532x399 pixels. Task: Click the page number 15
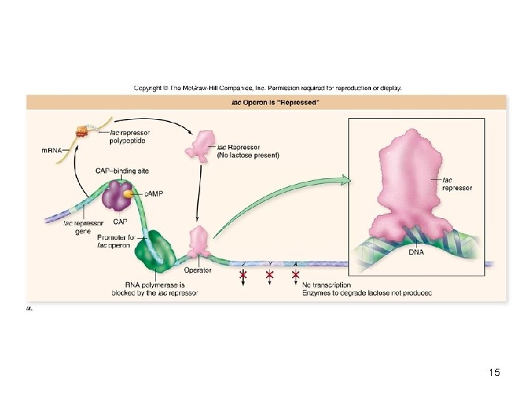pos(494,372)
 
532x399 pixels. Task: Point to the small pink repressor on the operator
pos(199,241)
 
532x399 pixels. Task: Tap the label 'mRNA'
pos(52,150)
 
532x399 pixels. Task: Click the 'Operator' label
pos(198,270)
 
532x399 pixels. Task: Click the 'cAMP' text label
pos(154,193)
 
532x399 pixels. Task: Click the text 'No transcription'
pos(327,284)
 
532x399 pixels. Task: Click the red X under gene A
pos(296,275)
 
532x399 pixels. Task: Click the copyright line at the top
pos(267,87)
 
